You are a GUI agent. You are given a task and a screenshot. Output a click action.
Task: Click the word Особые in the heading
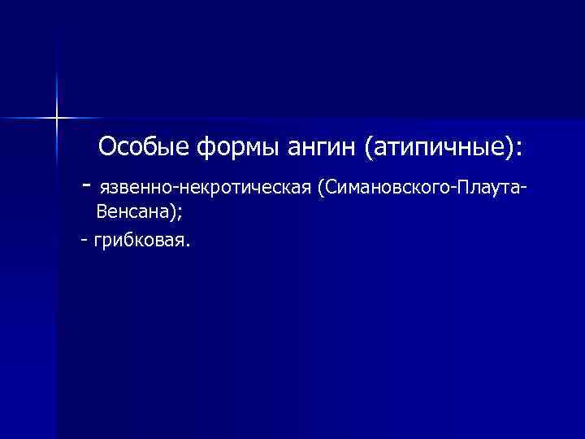point(144,148)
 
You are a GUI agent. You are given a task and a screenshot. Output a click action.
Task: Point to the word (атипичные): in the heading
point(443,149)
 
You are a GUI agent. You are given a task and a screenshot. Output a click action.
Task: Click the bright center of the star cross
point(58,118)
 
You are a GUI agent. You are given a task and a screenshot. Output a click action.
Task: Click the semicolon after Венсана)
point(177,215)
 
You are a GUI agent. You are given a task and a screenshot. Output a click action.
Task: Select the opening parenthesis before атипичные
point(370,149)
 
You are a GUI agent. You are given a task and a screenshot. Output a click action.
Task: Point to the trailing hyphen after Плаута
point(521,189)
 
